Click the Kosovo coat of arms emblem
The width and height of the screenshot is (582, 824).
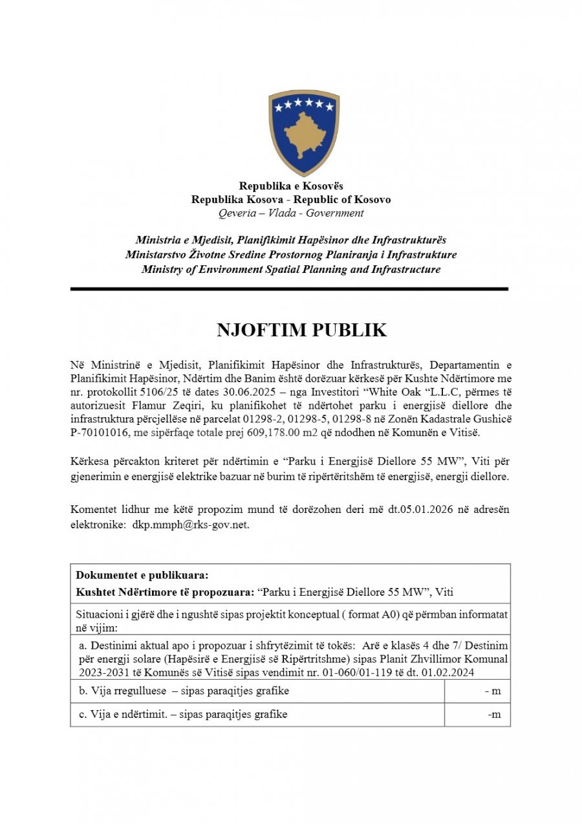[303, 133]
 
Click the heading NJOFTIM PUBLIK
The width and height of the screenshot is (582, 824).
[301, 331]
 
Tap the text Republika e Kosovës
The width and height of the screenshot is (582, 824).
[291, 186]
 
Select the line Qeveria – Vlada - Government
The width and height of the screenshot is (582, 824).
[291, 213]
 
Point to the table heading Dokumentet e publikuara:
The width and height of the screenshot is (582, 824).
[142, 575]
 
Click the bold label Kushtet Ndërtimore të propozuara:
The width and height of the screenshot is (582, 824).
[165, 591]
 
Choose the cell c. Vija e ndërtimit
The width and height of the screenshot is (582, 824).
[182, 715]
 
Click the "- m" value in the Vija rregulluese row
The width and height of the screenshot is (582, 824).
[493, 691]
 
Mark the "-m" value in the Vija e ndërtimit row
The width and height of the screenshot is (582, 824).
[494, 715]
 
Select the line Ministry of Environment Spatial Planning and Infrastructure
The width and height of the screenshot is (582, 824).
[291, 269]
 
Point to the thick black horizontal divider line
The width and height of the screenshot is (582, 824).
[289, 289]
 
